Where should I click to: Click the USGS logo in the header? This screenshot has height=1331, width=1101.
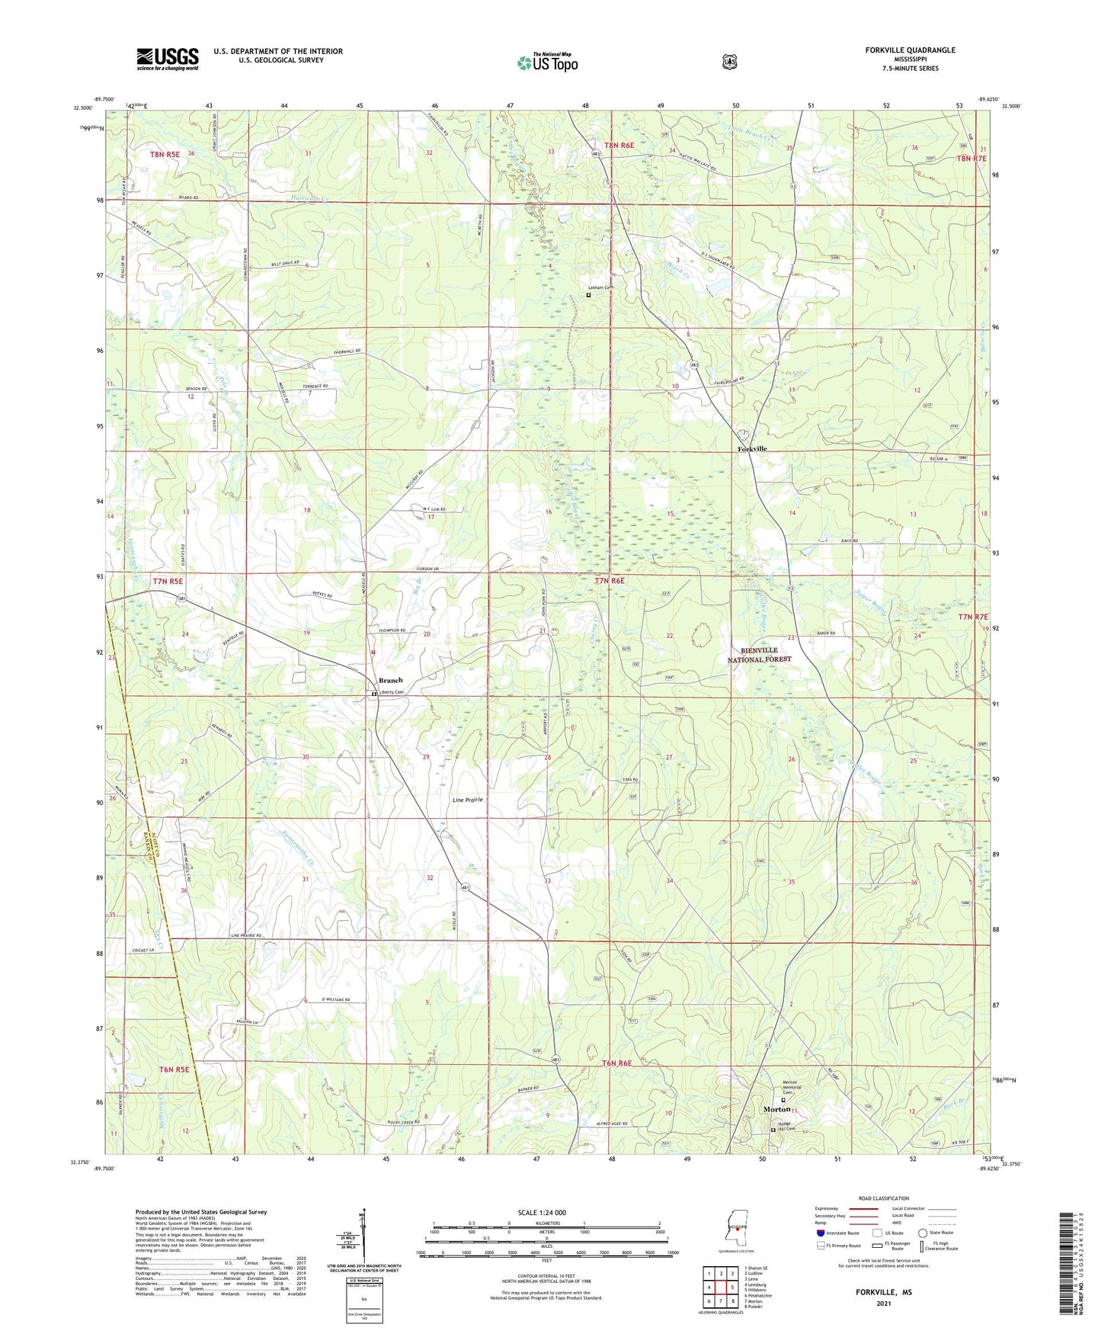tap(168, 59)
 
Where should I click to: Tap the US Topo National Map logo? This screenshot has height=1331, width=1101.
tap(547, 63)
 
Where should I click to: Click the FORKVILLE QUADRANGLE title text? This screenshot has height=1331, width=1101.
tap(910, 50)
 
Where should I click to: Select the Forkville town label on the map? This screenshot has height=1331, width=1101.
tap(752, 449)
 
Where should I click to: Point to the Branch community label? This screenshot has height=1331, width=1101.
tap(390, 680)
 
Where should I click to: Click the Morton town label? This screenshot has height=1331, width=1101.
tap(776, 1109)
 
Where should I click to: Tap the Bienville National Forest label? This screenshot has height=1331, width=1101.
tap(759, 655)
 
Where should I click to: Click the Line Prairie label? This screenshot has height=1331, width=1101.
tap(468, 800)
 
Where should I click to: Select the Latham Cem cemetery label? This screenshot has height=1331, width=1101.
tap(600, 287)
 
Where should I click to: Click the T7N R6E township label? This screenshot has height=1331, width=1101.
tap(609, 581)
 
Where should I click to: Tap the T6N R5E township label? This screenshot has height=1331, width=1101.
tap(173, 1070)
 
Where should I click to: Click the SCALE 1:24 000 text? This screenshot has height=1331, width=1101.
tap(542, 1213)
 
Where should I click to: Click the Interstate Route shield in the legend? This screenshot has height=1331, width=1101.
tap(820, 1233)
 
